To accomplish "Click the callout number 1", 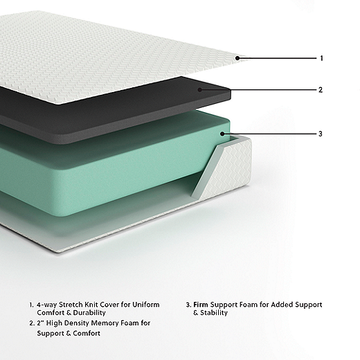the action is pyautogui.click(x=321, y=58).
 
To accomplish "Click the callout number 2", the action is pyautogui.click(x=321, y=90).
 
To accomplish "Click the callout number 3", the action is pyautogui.click(x=321, y=134).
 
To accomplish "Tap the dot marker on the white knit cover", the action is pyautogui.click(x=237, y=58).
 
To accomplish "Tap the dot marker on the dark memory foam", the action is pyautogui.click(x=200, y=90).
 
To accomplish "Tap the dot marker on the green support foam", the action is pyautogui.click(x=222, y=134).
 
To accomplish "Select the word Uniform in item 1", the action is pyautogui.click(x=146, y=305).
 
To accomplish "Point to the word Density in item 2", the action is pyautogui.click(x=77, y=323).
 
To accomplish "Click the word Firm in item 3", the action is pyautogui.click(x=201, y=305).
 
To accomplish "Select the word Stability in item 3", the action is pyautogui.click(x=214, y=313).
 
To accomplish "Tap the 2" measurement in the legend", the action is pyautogui.click(x=41, y=323).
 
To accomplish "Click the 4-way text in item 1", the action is pyautogui.click(x=46, y=305).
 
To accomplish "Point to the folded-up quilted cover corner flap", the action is pyautogui.click(x=224, y=168).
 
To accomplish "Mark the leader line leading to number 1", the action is pyautogui.click(x=277, y=58).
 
